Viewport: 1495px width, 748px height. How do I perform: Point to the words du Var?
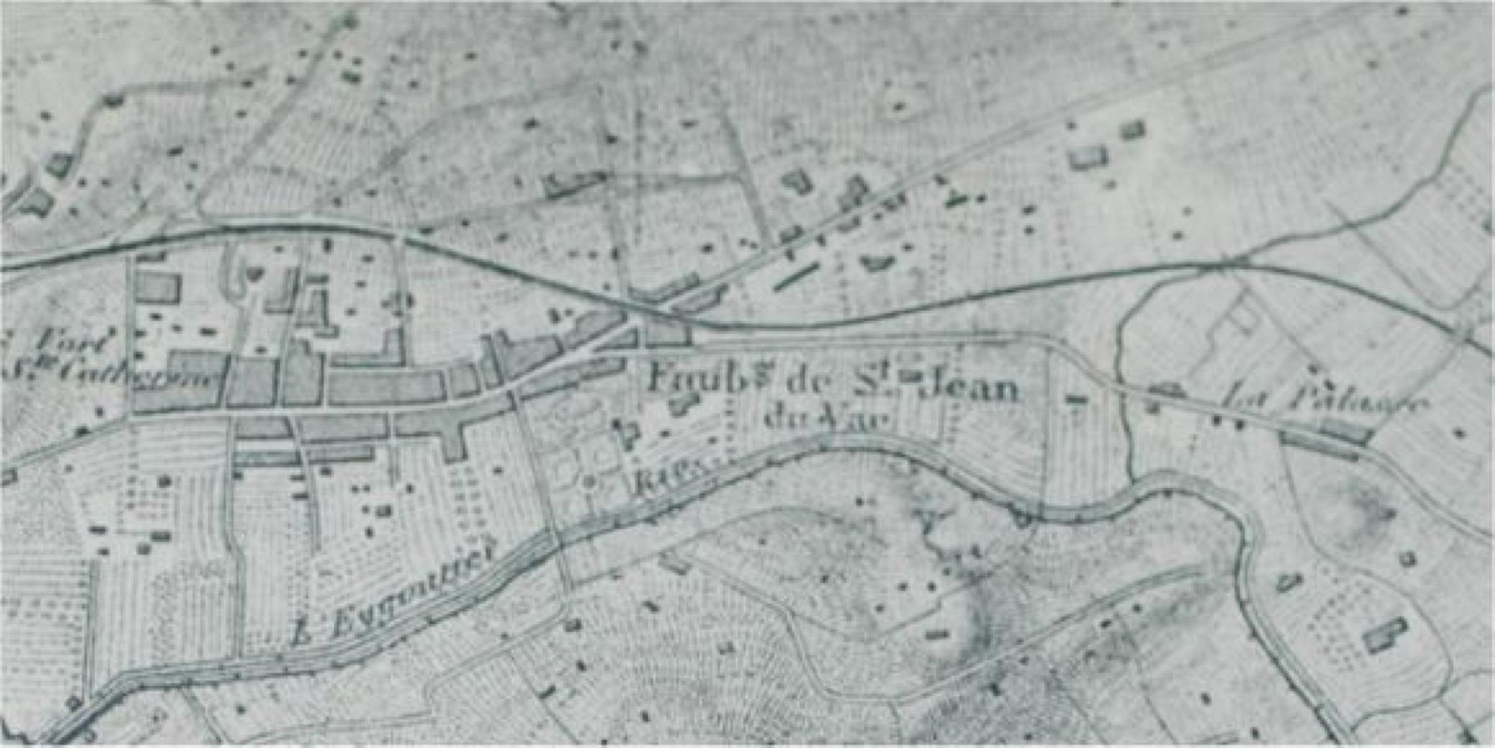click(x=827, y=418)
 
